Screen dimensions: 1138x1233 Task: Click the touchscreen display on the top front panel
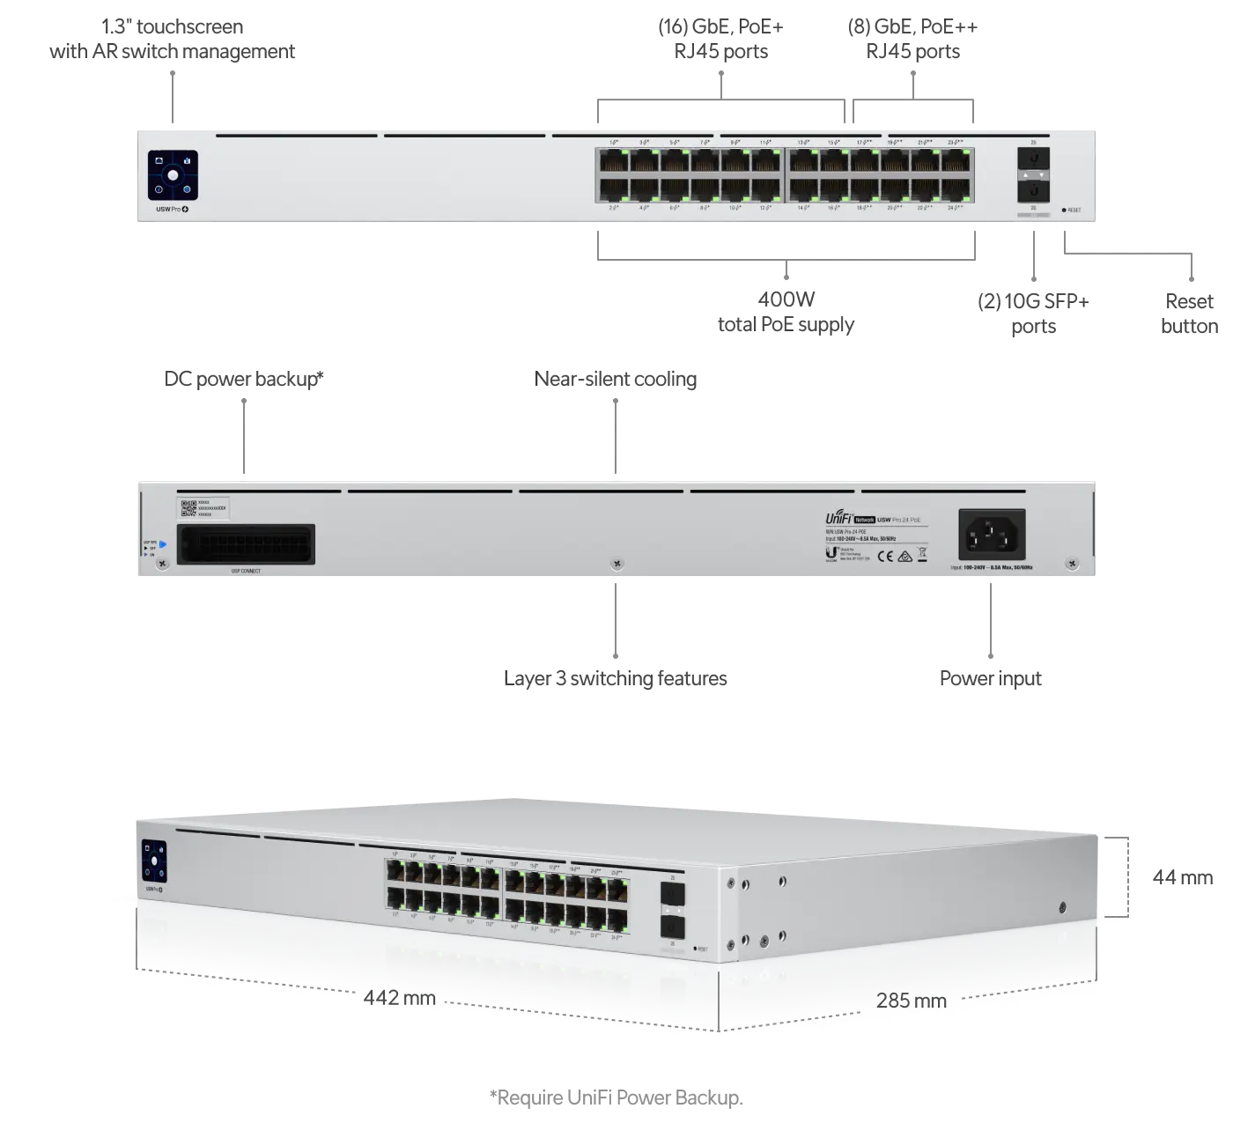tap(173, 175)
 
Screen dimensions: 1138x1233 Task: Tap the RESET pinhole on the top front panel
tap(1065, 211)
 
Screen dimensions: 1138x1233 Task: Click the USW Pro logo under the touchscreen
tap(172, 211)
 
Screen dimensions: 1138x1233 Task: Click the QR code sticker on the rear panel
tap(188, 508)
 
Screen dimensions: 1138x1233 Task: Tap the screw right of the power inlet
tap(1072, 563)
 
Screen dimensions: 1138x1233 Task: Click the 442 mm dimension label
tap(400, 997)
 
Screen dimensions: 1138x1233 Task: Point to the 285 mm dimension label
tap(912, 1000)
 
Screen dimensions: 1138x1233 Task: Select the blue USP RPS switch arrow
tap(163, 543)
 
